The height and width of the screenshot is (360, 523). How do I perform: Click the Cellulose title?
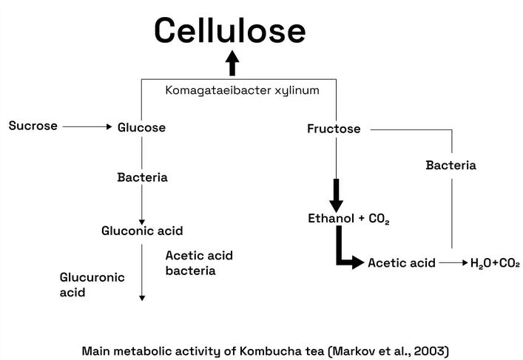[229, 30]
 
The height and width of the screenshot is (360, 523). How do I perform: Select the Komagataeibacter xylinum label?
[242, 90]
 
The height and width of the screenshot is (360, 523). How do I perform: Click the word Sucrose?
[33, 126]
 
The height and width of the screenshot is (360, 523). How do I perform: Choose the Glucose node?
[141, 128]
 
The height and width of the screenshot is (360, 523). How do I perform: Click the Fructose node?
[334, 129]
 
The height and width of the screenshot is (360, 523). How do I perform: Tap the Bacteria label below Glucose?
[142, 177]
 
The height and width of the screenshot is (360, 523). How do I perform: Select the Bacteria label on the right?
[451, 165]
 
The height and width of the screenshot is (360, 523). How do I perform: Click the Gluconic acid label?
[142, 231]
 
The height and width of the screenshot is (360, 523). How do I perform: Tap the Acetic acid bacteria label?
[199, 263]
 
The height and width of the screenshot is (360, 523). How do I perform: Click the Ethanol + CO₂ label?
[348, 219]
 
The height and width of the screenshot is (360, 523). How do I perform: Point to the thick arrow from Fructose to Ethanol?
[337, 194]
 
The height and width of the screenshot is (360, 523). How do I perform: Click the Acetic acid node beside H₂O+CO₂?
[402, 262]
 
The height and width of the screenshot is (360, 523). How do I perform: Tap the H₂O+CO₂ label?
[495, 262]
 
